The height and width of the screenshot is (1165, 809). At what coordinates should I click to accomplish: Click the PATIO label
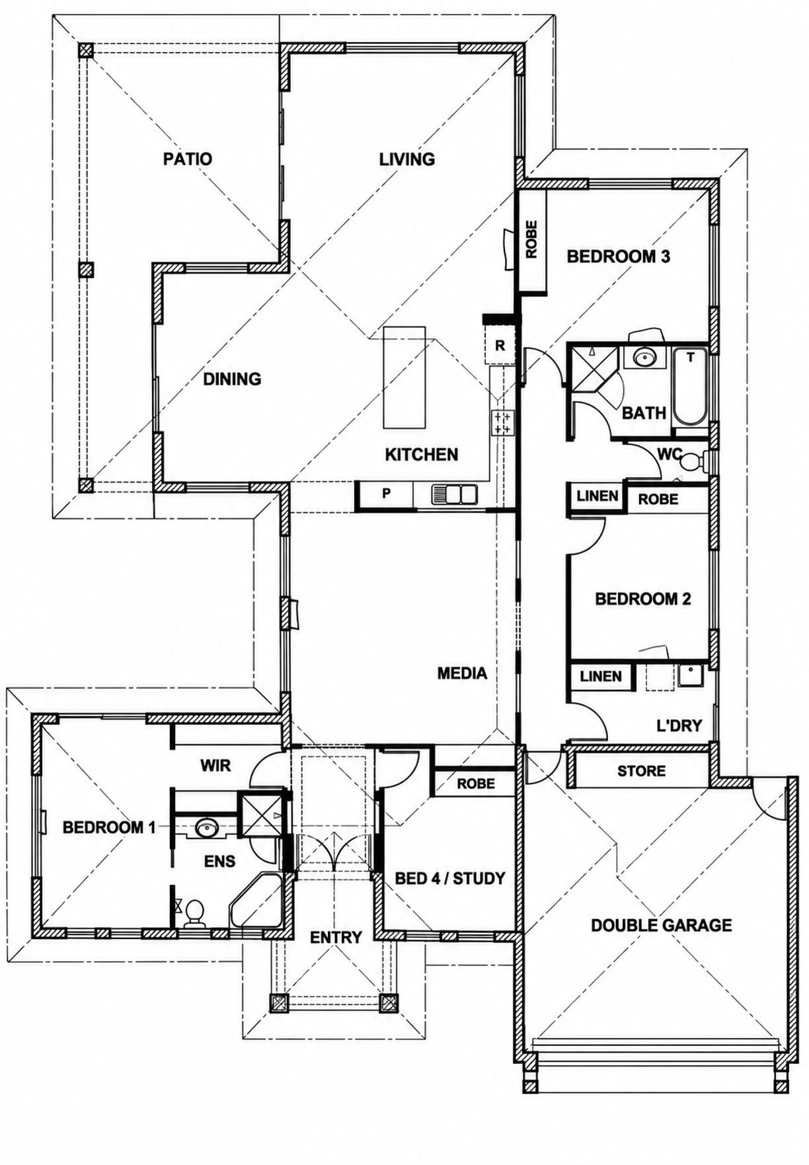(188, 159)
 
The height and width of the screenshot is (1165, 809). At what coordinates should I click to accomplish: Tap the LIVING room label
(407, 159)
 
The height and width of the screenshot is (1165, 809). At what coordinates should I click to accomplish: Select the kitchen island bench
(404, 377)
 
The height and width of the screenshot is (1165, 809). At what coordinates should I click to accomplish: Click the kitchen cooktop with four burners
(502, 423)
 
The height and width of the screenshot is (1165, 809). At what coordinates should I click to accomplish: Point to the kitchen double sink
(455, 494)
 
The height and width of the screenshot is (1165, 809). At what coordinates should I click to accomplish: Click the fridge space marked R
(500, 345)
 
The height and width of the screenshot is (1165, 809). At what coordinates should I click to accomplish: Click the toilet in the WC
(691, 461)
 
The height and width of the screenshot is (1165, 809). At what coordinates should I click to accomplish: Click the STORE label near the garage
(641, 770)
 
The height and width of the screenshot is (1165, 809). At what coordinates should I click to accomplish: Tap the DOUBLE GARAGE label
(661, 925)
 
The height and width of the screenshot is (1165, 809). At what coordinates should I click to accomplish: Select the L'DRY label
(679, 725)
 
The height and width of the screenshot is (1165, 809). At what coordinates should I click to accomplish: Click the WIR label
(215, 765)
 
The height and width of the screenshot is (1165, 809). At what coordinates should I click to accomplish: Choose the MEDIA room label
(462, 673)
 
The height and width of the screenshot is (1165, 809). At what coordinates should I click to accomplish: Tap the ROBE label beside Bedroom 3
(531, 239)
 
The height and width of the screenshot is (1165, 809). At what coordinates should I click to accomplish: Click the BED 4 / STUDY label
(449, 878)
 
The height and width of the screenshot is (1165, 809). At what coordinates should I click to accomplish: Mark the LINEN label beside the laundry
(601, 677)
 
